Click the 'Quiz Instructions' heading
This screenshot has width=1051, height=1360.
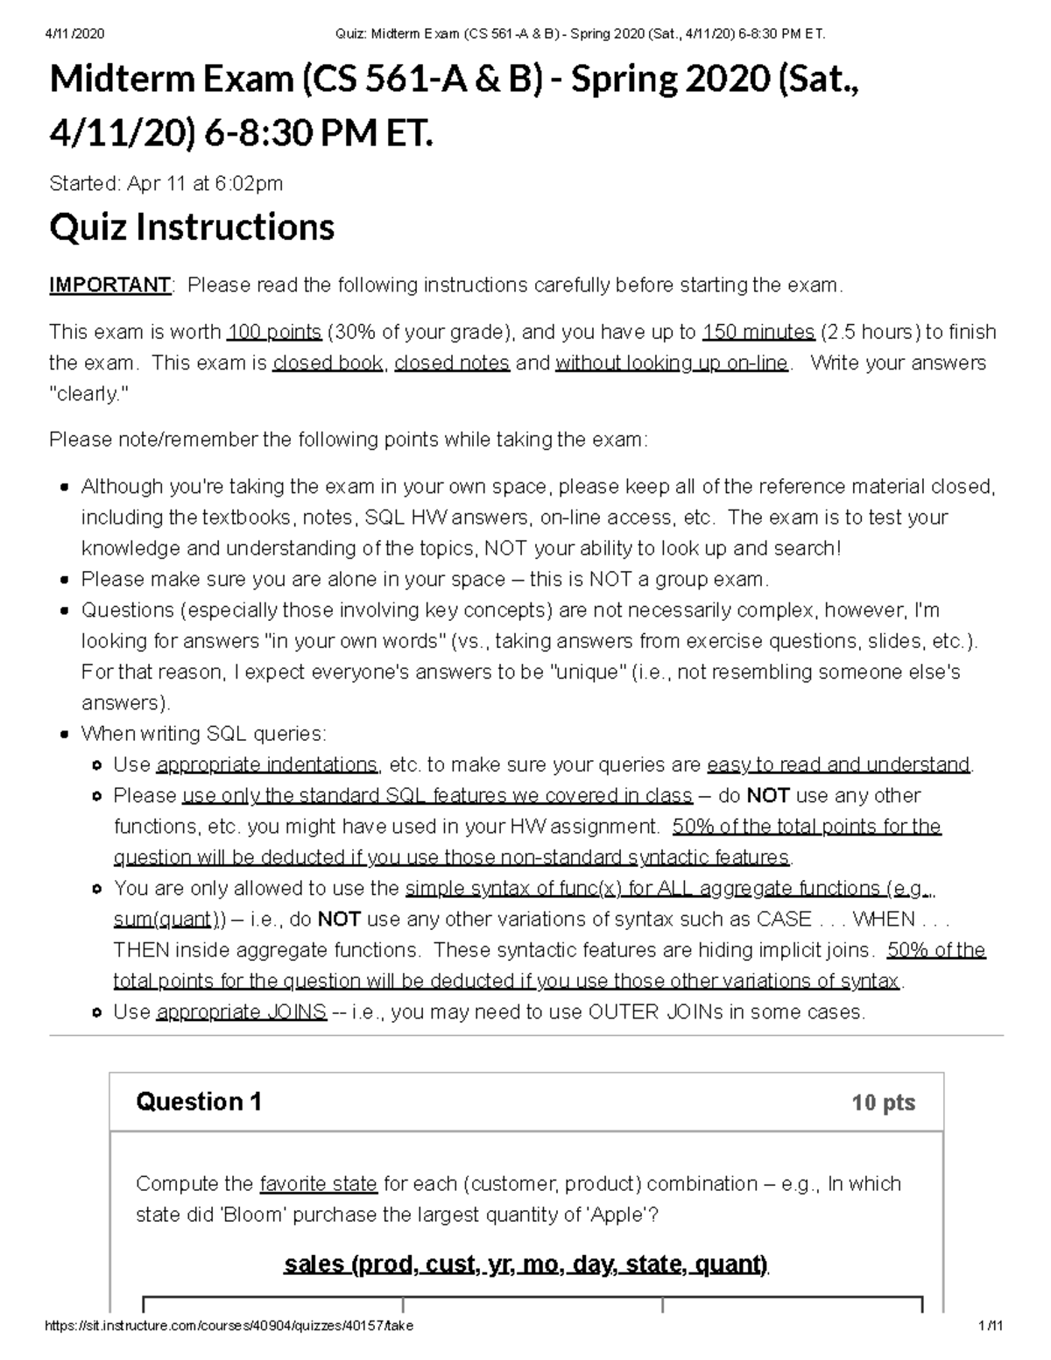click(x=192, y=228)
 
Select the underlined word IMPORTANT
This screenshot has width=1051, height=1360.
click(x=109, y=285)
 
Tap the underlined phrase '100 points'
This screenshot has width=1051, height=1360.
click(x=273, y=333)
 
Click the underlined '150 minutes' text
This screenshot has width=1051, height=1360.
click(x=758, y=333)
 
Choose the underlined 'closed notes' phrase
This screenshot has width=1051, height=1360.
click(x=452, y=363)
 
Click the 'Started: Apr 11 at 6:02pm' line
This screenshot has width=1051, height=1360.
click(x=166, y=184)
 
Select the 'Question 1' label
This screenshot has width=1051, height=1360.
click(x=199, y=1102)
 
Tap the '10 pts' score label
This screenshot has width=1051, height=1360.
click(x=883, y=1103)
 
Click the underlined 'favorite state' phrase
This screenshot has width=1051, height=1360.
click(x=319, y=1184)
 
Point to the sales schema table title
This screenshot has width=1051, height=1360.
click(x=525, y=1265)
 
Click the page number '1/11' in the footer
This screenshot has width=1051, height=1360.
click(x=991, y=1326)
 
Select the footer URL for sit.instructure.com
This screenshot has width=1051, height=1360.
click(x=229, y=1326)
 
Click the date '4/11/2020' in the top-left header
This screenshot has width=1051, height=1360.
click(x=74, y=34)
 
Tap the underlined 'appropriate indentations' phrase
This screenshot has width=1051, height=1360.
click(x=267, y=765)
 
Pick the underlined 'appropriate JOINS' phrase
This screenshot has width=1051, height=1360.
click(x=242, y=1012)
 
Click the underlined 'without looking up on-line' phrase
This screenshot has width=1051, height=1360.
click(x=672, y=363)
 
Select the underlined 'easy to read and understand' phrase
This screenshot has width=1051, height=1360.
click(x=838, y=765)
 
